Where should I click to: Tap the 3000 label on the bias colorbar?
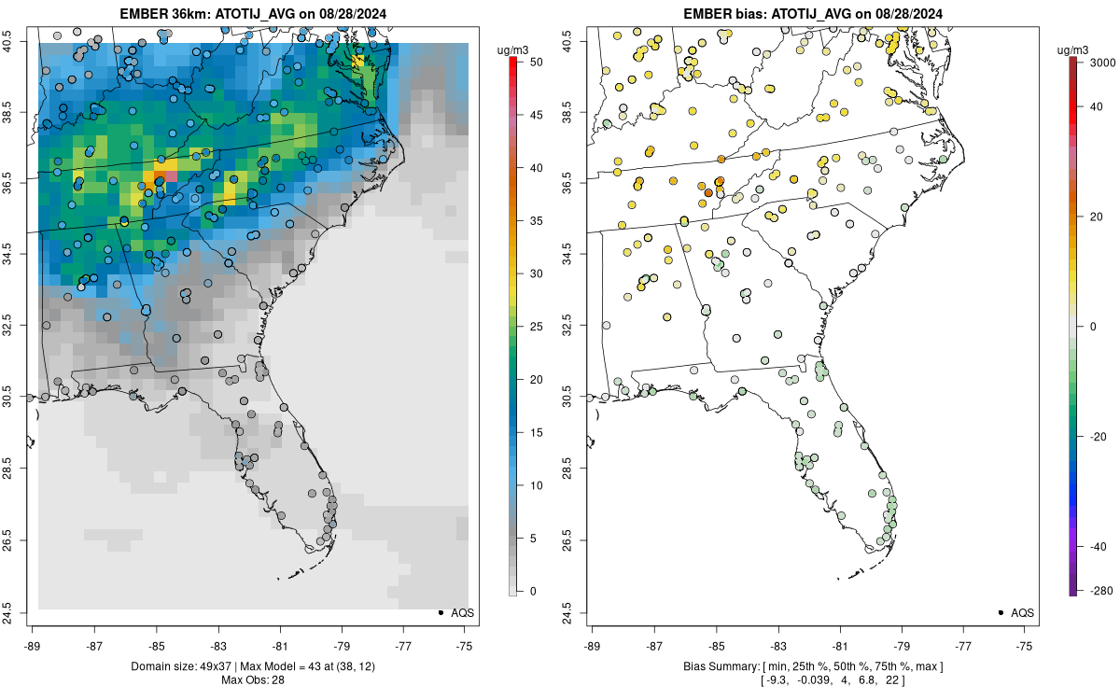pyautogui.click(x=1099, y=62)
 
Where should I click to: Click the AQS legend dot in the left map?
pyautogui.click(x=441, y=612)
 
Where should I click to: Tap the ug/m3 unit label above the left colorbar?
pyautogui.click(x=519, y=49)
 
